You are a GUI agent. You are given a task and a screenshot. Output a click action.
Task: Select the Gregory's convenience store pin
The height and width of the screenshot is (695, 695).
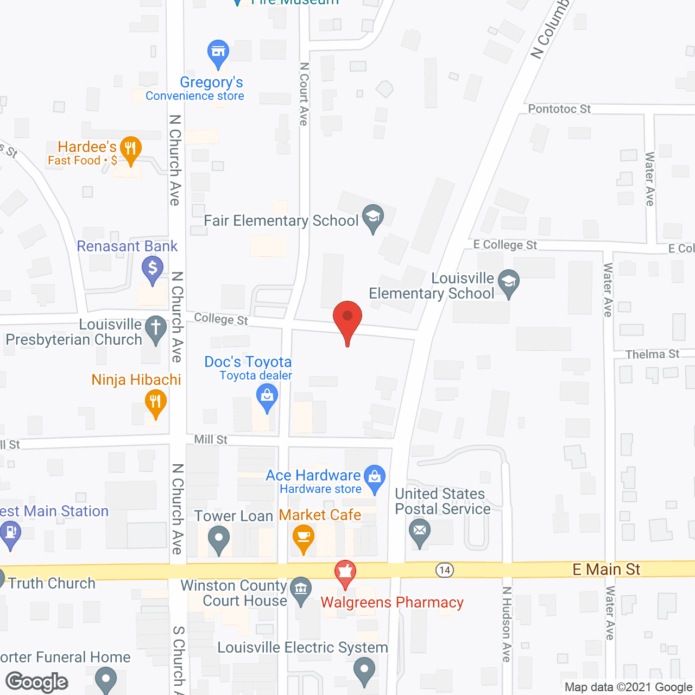tap(218, 53)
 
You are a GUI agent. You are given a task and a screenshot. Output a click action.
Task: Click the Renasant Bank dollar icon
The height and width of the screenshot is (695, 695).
tap(153, 269)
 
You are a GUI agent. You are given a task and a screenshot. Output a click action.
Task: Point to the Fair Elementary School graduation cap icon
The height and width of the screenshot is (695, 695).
tap(373, 217)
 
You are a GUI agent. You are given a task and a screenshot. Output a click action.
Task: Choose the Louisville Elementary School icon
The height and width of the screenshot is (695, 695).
tap(509, 282)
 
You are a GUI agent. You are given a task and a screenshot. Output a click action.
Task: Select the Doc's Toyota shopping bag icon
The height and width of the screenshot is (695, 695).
tap(267, 396)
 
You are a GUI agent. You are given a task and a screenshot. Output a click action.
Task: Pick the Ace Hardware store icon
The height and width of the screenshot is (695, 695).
tap(375, 478)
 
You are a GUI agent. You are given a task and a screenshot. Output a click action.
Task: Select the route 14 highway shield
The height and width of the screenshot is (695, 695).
tap(445, 570)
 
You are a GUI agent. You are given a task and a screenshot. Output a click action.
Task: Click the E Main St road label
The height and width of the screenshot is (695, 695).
tap(606, 569)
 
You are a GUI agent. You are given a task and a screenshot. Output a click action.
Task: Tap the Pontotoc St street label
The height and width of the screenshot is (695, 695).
tap(559, 109)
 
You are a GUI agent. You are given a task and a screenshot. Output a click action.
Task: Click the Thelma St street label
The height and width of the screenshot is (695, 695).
tap(652, 354)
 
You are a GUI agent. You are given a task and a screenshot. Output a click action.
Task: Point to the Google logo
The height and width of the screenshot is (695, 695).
tap(37, 682)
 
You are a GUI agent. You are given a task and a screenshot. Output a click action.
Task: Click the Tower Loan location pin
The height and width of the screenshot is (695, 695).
tap(219, 541)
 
